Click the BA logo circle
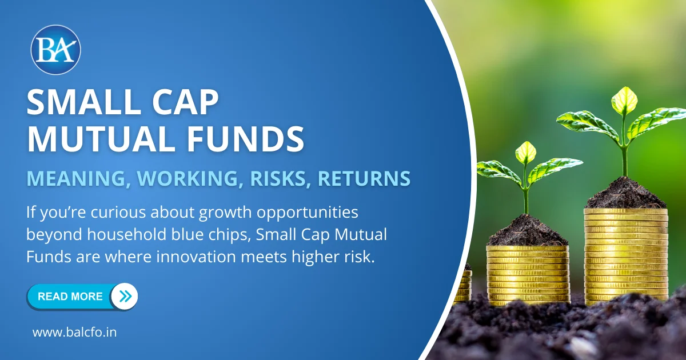point(56,50)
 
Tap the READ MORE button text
point(70,297)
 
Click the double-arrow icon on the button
point(125,296)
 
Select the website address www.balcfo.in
point(74,333)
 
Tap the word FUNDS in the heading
point(246,139)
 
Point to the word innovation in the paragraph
point(196,257)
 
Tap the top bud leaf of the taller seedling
point(624,101)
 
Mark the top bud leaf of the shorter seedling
point(526,153)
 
